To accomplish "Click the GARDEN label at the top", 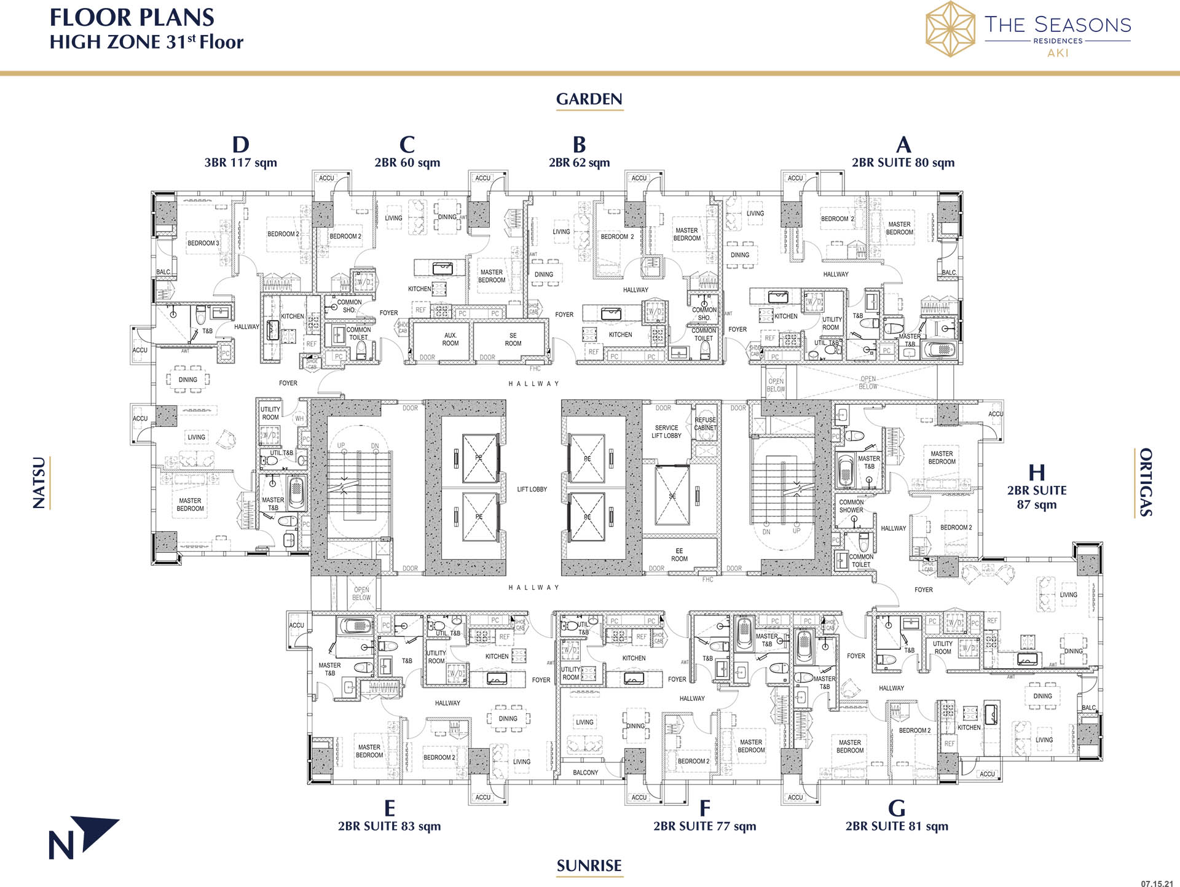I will point(589,99).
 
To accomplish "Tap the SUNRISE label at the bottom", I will point(589,866).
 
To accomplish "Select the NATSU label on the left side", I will point(39,483).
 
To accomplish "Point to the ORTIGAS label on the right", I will point(1146,482).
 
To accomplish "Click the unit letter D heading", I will point(240,145).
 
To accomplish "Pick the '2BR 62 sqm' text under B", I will point(579,163).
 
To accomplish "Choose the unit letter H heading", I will point(1037,472).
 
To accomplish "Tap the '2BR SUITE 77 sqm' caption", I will point(704,826).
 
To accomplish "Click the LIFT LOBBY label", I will point(532,490).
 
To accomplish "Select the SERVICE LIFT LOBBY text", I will point(666,432).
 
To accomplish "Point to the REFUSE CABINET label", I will point(705,424).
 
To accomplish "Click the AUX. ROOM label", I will point(450,340).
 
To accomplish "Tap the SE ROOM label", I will point(513,340).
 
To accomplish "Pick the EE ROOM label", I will point(679,555).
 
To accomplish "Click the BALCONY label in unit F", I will point(585,773).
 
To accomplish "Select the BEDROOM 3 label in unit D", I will point(203,243).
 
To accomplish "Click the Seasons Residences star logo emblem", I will point(950,29).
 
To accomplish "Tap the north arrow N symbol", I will point(83,838).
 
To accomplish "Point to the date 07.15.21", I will point(1157,884).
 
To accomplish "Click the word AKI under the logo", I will point(1058,53).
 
